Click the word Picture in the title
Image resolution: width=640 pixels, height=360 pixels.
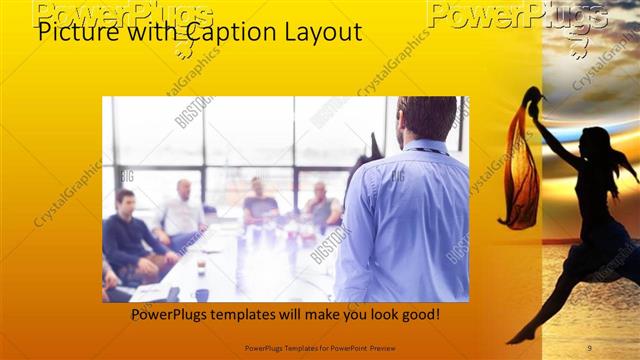[x=71, y=33]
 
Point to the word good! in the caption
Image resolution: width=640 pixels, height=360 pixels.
[x=417, y=315]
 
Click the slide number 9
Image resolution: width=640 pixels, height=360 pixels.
[x=589, y=348]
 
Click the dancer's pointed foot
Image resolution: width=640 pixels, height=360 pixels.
[x=513, y=339]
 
